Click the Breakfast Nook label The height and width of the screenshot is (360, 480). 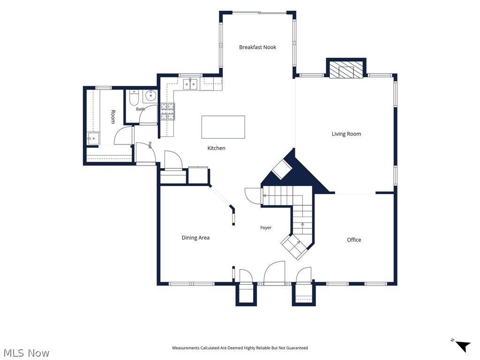(x=257, y=47)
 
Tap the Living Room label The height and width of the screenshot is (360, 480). (x=346, y=134)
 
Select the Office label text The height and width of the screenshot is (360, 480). (x=354, y=240)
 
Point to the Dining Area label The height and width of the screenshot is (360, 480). (x=195, y=238)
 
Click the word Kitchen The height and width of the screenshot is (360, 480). (x=217, y=148)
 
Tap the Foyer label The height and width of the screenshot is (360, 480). (x=266, y=227)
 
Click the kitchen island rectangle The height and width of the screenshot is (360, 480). (x=223, y=127)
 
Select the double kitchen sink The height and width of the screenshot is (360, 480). (x=190, y=84)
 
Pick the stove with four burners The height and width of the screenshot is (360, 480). (x=168, y=112)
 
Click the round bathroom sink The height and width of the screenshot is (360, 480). (x=150, y=96)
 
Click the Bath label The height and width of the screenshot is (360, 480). (x=140, y=109)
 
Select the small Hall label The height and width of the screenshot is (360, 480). (x=150, y=145)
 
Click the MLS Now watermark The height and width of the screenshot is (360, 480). (x=26, y=353)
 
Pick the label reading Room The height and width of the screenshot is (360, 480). (x=113, y=117)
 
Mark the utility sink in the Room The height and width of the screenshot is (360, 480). (x=93, y=138)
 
